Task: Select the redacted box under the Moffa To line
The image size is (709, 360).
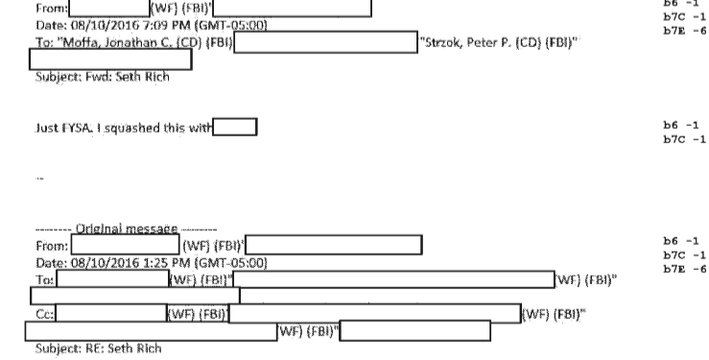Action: point(111,60)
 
